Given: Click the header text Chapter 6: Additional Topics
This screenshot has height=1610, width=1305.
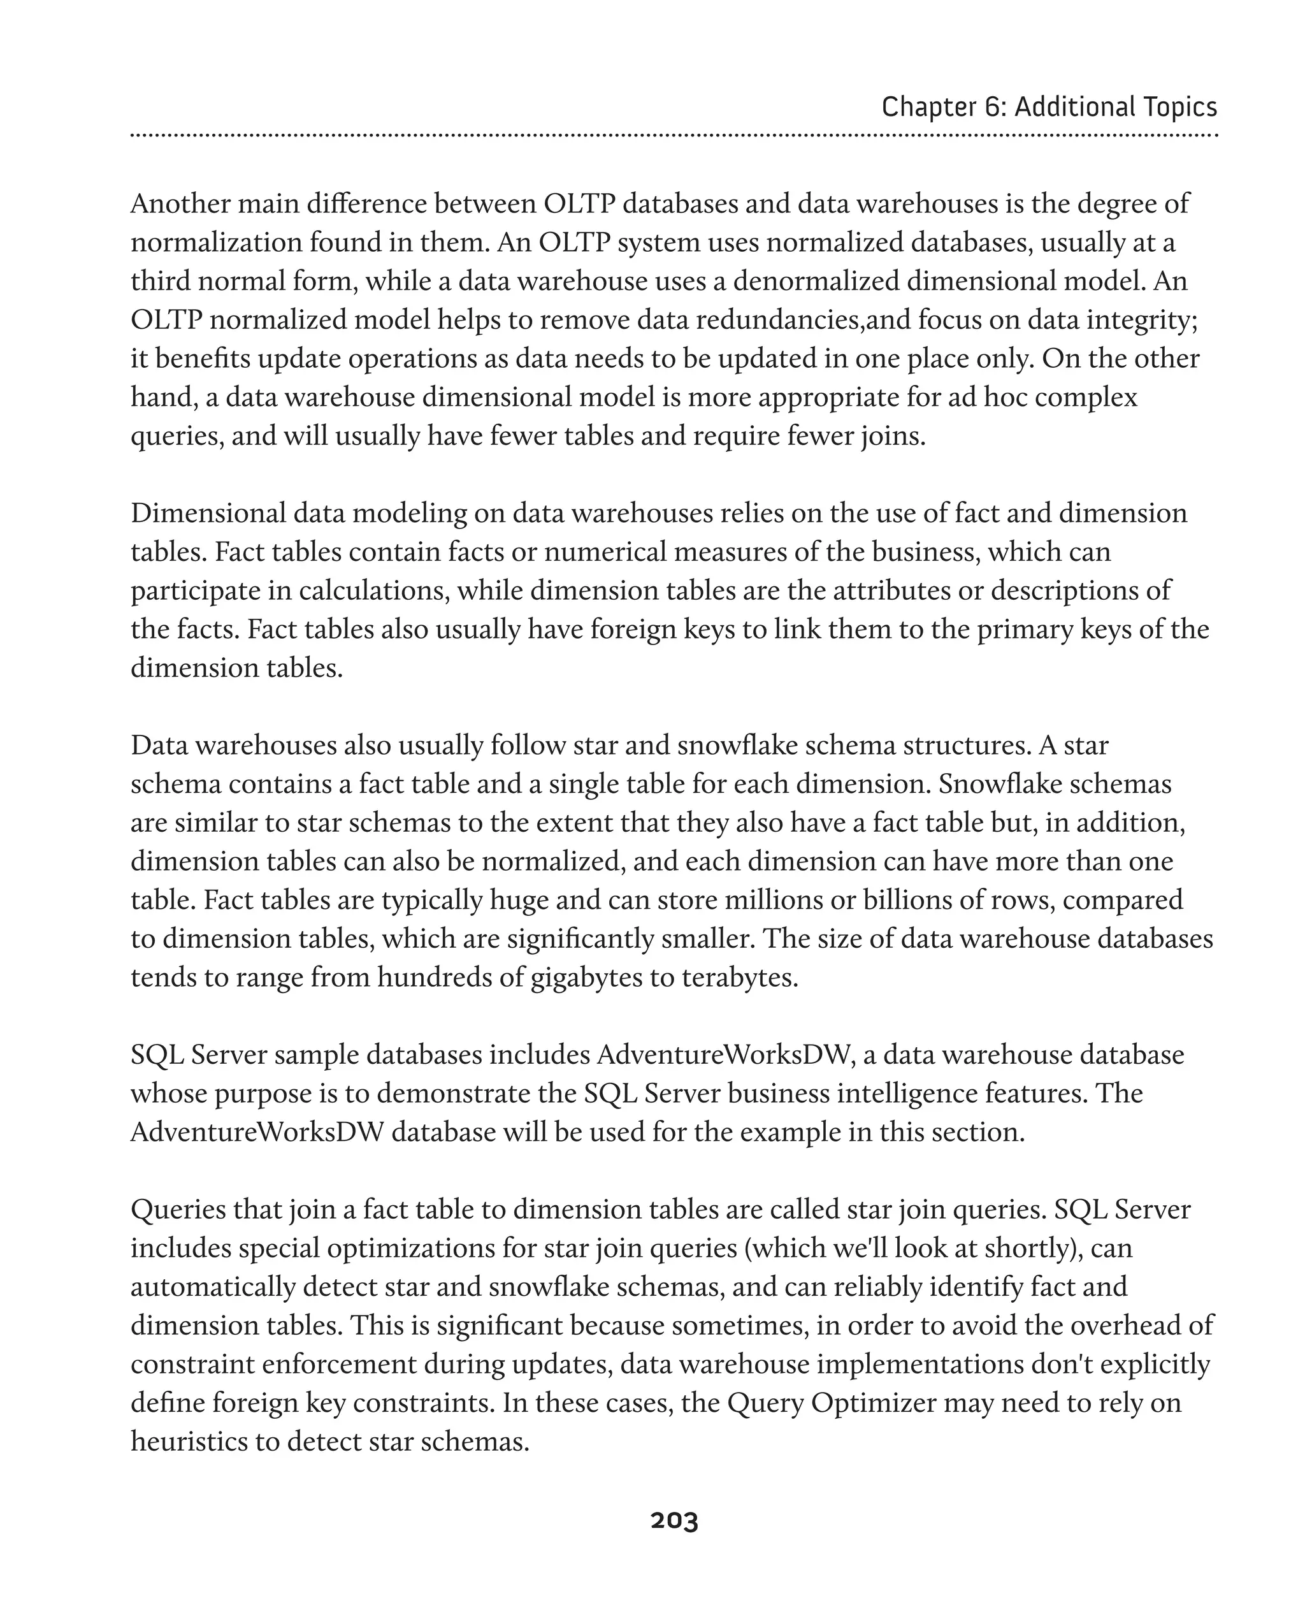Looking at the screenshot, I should [1049, 107].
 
